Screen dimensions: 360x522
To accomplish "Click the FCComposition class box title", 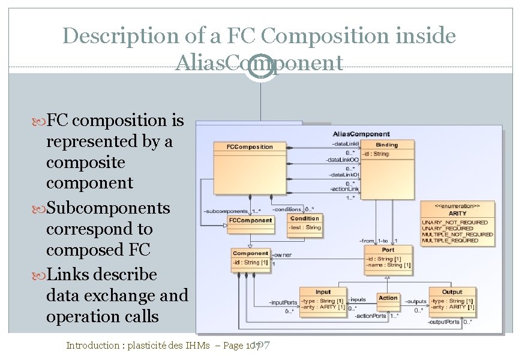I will tap(250, 146).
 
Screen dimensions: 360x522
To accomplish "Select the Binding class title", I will tap(386, 145).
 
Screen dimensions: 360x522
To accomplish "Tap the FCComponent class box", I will tap(250, 220).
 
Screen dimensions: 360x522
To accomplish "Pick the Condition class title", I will tap(305, 218).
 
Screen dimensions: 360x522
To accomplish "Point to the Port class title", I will tap(388, 250).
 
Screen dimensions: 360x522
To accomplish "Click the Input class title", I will tap(323, 292).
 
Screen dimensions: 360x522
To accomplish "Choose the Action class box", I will tap(388, 298).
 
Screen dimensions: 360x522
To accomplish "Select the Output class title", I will tap(452, 292).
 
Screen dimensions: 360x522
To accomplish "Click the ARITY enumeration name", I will tap(458, 213).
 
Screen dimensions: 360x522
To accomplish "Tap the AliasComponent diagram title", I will tap(361, 134).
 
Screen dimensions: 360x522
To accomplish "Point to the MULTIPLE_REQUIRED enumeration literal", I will tap(450, 241).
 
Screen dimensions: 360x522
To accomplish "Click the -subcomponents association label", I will tap(226, 211).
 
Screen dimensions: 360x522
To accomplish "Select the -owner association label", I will tap(281, 255).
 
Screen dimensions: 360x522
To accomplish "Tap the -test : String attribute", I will tap(305, 227).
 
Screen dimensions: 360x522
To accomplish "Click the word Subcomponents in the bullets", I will tap(108, 208).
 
